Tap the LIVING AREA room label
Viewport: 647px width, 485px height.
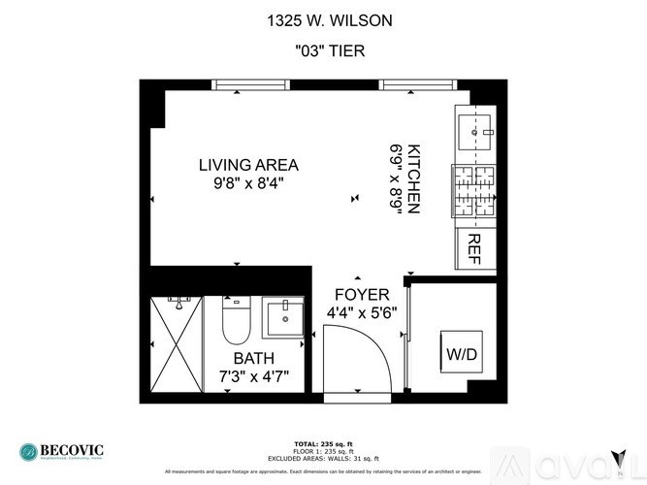coord(248,164)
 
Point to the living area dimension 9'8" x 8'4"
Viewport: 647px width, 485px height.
coord(248,182)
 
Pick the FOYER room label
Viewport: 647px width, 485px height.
coord(362,295)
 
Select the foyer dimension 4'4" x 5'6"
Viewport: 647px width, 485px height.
coord(362,312)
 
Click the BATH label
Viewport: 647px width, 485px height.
coord(254,357)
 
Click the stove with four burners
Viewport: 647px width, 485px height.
coord(475,191)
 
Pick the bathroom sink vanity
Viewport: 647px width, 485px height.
coord(283,316)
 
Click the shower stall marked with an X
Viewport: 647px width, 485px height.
coord(177,343)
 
